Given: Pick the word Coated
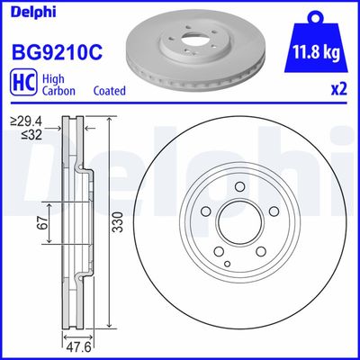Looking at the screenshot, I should (109, 91).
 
